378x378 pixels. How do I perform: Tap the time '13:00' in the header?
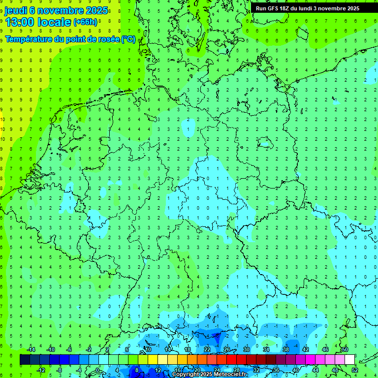click(x=21, y=22)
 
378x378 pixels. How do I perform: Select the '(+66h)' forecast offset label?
click(x=85, y=22)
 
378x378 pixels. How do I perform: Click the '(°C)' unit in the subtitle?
click(x=128, y=39)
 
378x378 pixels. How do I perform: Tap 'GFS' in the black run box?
click(x=274, y=8)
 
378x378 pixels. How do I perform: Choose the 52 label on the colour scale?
click(x=354, y=370)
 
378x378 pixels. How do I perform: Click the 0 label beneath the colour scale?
click(x=98, y=370)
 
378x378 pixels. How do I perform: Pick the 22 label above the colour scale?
click(x=207, y=349)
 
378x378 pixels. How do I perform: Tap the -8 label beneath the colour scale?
click(x=60, y=370)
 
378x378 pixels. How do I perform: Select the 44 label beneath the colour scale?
click(x=315, y=370)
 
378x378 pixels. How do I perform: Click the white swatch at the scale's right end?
click(x=349, y=360)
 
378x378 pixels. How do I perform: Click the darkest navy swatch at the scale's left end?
click(x=25, y=360)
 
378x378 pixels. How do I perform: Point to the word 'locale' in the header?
click(x=55, y=22)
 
